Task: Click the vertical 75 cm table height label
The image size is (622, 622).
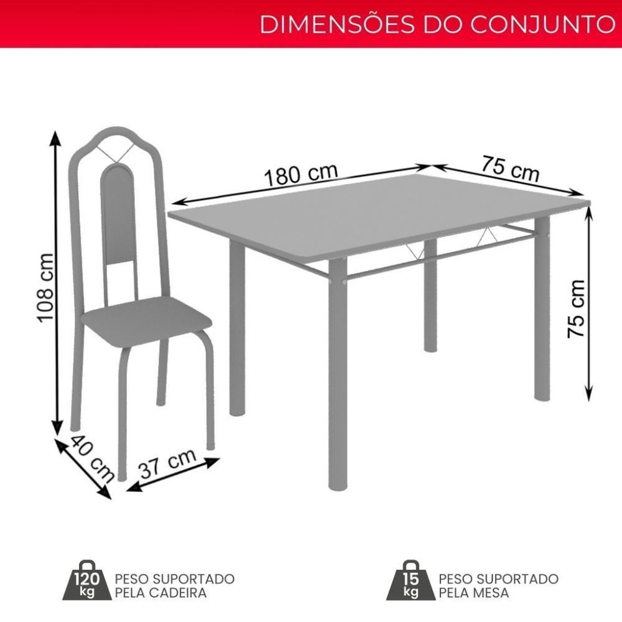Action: pyautogui.click(x=576, y=309)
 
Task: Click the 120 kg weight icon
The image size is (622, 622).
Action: pyautogui.click(x=86, y=585)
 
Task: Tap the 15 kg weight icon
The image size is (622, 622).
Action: pyautogui.click(x=411, y=585)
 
